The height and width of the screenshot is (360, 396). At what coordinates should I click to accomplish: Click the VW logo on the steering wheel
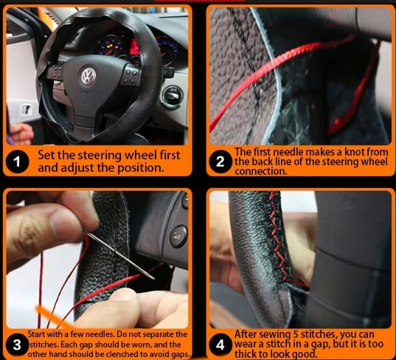(88, 75)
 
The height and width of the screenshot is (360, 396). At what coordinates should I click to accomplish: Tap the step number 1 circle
(17, 162)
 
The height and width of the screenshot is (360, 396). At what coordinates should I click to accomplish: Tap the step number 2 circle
(220, 162)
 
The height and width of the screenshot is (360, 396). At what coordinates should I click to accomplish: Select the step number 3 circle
(17, 345)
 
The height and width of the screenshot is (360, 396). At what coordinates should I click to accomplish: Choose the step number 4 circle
(220, 345)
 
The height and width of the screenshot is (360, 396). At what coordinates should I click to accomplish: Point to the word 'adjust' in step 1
(79, 168)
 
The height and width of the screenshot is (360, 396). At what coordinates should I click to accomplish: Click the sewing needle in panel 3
(119, 255)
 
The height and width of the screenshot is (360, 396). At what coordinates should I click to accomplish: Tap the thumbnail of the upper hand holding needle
(65, 223)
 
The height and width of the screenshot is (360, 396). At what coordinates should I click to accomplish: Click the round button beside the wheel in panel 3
(178, 236)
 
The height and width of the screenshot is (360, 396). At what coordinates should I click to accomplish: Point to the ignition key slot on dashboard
(173, 97)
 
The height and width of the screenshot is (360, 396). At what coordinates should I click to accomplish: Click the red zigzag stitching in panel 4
(278, 238)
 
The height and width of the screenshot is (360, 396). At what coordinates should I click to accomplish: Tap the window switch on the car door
(26, 109)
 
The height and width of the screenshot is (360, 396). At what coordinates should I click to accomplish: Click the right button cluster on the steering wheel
(131, 76)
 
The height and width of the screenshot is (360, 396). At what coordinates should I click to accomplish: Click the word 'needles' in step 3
(100, 335)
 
